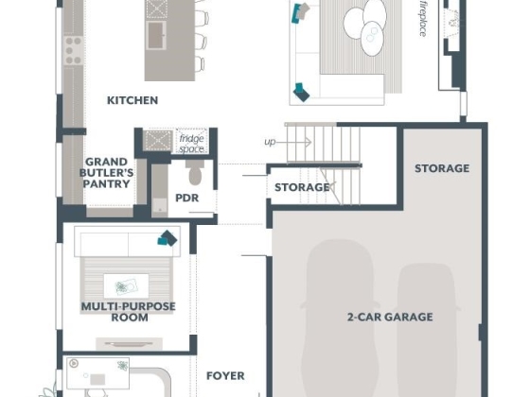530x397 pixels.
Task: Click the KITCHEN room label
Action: [132, 100]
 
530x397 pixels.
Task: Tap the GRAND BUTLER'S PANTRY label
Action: [106, 173]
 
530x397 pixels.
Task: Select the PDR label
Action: [187, 198]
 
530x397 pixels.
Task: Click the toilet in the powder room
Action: [195, 172]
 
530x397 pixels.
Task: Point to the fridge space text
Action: [191, 144]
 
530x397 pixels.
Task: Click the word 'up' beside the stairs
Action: [270, 142]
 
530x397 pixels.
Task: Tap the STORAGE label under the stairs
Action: [302, 187]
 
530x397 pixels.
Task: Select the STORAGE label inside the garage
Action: [442, 168]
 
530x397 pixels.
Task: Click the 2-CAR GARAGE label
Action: [390, 317]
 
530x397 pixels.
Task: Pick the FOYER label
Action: [225, 376]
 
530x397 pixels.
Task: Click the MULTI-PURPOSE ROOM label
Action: [129, 312]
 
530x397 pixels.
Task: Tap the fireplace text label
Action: [423, 19]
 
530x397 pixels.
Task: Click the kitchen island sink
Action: [156, 35]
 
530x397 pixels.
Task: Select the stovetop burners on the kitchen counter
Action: [74, 51]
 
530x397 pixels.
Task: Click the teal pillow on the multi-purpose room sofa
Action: [168, 238]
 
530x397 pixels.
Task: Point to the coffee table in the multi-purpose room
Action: [126, 286]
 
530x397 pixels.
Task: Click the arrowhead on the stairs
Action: [309, 143]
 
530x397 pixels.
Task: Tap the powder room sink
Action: [159, 206]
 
